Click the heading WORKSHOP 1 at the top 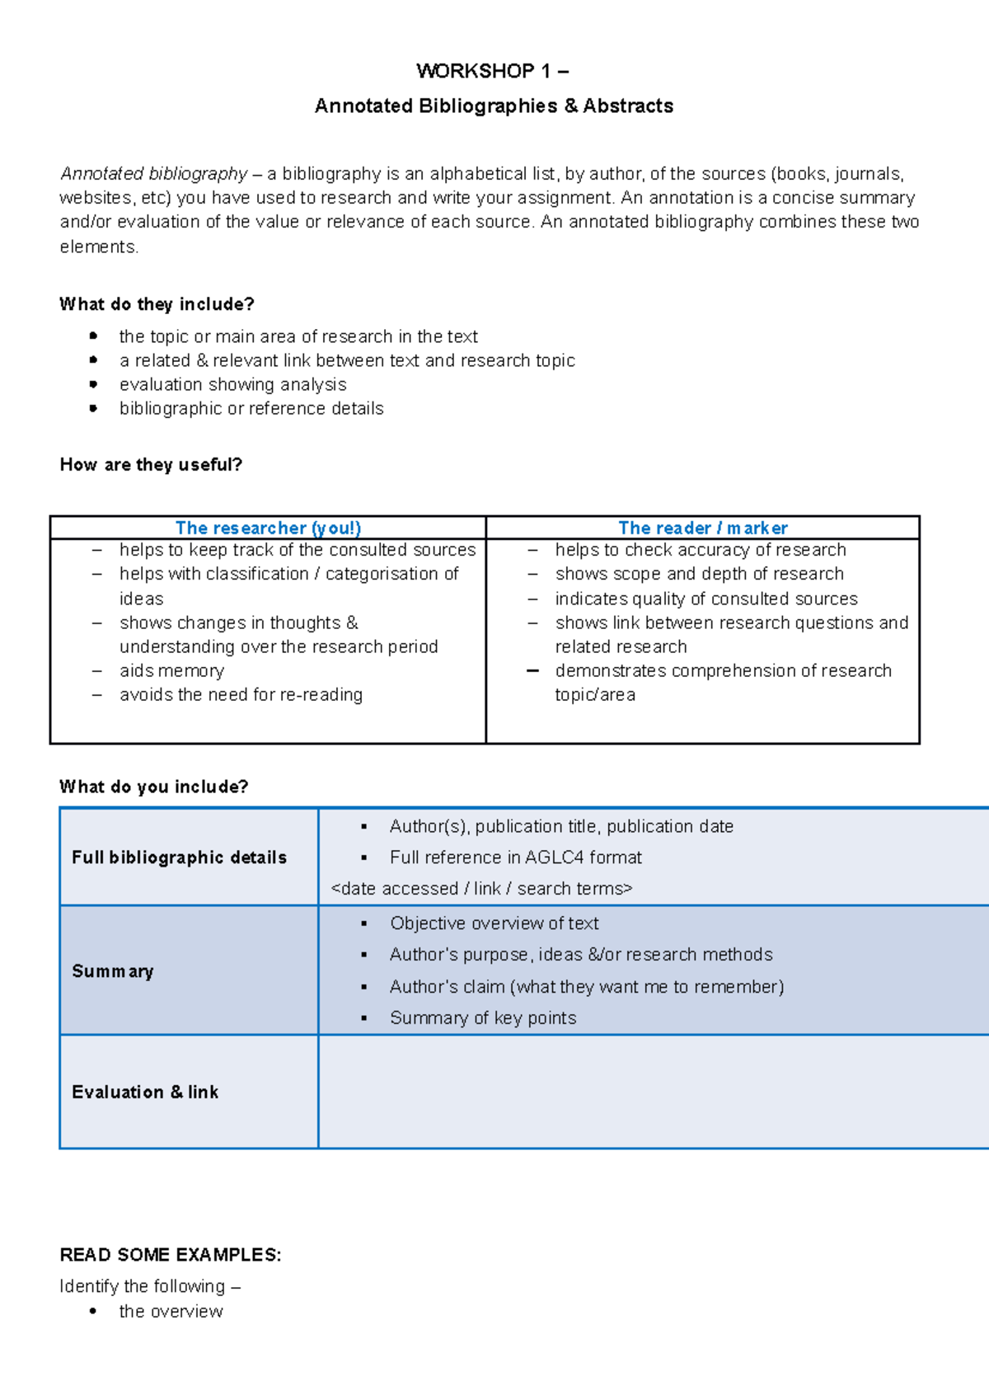click(x=492, y=71)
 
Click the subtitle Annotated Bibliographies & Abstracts click(x=494, y=106)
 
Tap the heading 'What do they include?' click(x=157, y=304)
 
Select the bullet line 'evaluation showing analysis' click(x=232, y=384)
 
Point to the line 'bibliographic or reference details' click(x=251, y=408)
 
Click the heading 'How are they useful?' click(x=151, y=464)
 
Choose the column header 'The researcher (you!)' click(x=268, y=528)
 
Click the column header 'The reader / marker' click(x=703, y=528)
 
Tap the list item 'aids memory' click(x=171, y=670)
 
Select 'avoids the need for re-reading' click(x=241, y=694)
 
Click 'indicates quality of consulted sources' click(x=706, y=599)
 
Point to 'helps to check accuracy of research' click(x=701, y=550)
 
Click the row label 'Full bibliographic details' click(x=179, y=857)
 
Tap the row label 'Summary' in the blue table click(x=113, y=971)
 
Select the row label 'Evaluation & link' click(x=145, y=1092)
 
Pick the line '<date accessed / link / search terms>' click(x=481, y=889)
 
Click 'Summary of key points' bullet click(x=483, y=1018)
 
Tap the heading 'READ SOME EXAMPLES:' click(x=171, y=1255)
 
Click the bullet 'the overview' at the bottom click(x=171, y=1311)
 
